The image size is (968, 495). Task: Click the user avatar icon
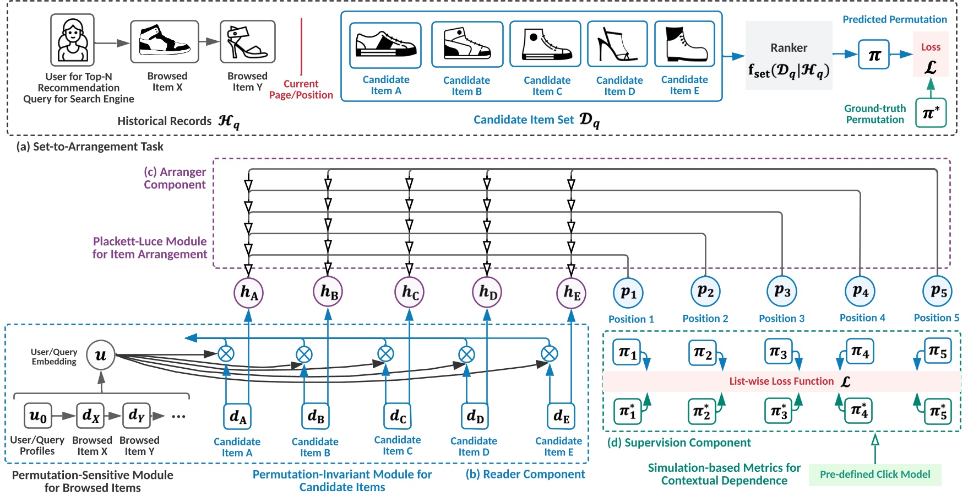(72, 40)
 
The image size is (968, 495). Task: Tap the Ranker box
(788, 56)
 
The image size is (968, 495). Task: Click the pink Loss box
(931, 54)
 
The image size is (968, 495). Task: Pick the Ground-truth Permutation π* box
(931, 113)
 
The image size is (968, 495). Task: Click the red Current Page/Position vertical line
(301, 46)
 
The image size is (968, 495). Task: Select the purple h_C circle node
(410, 292)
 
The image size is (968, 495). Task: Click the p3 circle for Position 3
(782, 291)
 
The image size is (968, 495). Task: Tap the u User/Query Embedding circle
(101, 355)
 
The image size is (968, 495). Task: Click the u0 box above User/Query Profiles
(38, 416)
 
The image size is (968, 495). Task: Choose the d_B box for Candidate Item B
(316, 416)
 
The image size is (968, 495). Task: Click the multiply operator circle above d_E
(549, 354)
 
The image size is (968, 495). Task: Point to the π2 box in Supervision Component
(703, 352)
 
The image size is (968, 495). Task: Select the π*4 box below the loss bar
(860, 411)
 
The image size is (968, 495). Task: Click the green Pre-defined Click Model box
(874, 475)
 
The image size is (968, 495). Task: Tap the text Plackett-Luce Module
(149, 241)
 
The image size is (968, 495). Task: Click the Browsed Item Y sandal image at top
(247, 42)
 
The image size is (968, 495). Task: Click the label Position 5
(936, 318)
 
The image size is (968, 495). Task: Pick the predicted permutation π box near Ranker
(874, 55)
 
